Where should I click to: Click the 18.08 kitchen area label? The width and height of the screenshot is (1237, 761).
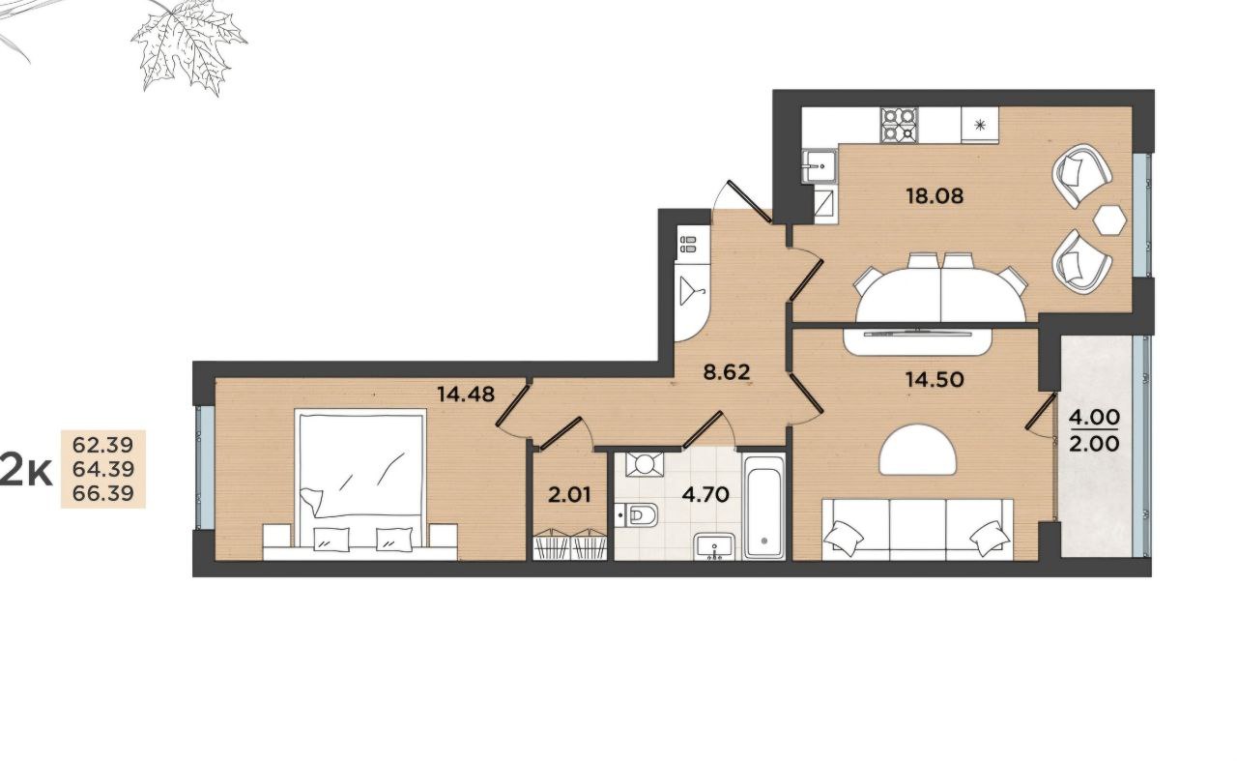[935, 195]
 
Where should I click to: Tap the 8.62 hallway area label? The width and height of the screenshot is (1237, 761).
[726, 372]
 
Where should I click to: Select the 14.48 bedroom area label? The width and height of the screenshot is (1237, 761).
[466, 395]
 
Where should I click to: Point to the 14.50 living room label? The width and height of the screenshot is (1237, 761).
[935, 380]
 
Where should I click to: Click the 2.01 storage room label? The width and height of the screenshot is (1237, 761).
[569, 495]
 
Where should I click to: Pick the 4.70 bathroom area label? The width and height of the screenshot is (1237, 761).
[706, 495]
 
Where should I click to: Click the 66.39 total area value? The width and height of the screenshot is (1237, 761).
[103, 493]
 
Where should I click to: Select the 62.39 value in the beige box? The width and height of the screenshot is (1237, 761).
[103, 445]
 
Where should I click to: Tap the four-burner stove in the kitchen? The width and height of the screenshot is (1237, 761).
[900, 125]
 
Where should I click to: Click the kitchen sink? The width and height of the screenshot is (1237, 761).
[819, 165]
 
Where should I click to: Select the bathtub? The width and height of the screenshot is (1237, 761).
[763, 507]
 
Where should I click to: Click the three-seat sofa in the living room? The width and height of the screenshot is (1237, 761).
[917, 530]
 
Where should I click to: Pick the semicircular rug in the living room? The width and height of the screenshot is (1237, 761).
[917, 450]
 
